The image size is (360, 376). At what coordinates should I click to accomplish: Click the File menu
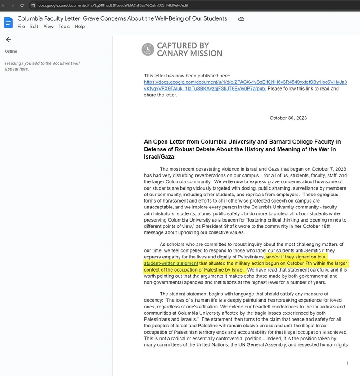point(21,27)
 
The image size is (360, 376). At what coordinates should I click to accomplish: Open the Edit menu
point(34,27)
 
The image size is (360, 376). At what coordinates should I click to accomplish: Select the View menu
point(48,27)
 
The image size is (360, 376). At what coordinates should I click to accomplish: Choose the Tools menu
point(64,27)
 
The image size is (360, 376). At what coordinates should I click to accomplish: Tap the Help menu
point(80,27)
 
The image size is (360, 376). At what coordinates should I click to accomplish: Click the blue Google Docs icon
point(9,22)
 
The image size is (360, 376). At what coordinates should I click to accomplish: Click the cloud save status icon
point(241,19)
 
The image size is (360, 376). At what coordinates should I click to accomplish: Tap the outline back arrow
point(8,40)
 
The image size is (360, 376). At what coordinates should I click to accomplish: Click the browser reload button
point(22,5)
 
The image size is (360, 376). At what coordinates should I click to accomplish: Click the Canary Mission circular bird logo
point(148,50)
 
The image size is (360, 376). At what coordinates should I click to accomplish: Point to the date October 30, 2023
point(288,118)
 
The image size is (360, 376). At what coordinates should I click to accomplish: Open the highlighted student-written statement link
point(171,263)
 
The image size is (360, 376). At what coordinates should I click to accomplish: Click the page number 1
point(347,363)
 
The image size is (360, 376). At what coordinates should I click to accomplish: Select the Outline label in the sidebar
point(11,51)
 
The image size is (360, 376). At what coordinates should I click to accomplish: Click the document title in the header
point(122,18)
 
